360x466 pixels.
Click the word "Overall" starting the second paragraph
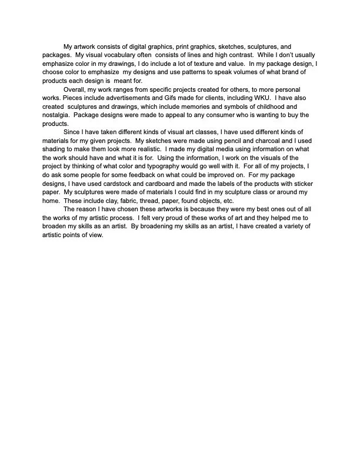point(75,89)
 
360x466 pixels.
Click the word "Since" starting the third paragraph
point(72,132)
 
